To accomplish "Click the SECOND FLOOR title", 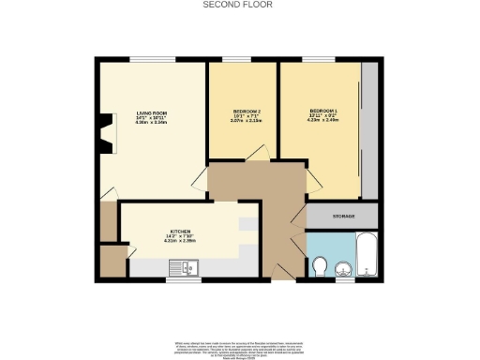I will [239, 5].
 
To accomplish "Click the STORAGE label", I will [343, 217].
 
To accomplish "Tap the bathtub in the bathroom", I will [365, 254].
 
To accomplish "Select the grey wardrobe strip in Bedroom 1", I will [370, 131].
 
